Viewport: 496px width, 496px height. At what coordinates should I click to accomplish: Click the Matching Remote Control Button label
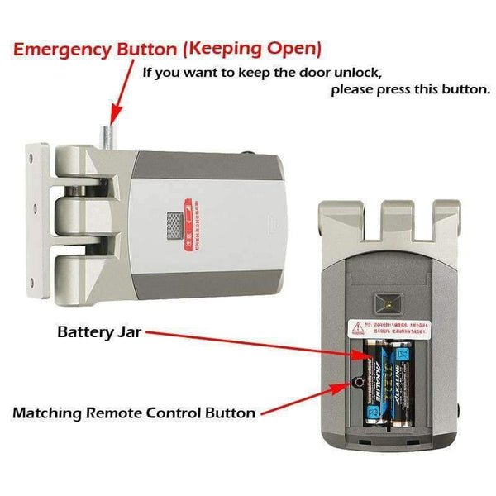(133, 412)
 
